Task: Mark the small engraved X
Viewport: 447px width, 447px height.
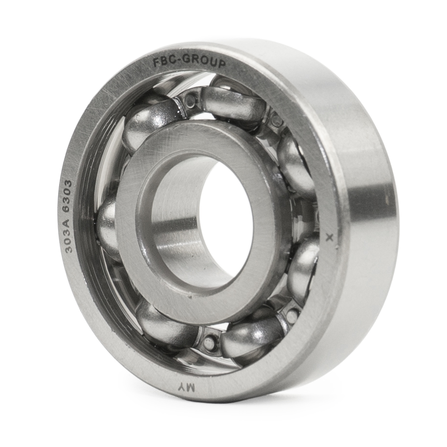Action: [x=331, y=237]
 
